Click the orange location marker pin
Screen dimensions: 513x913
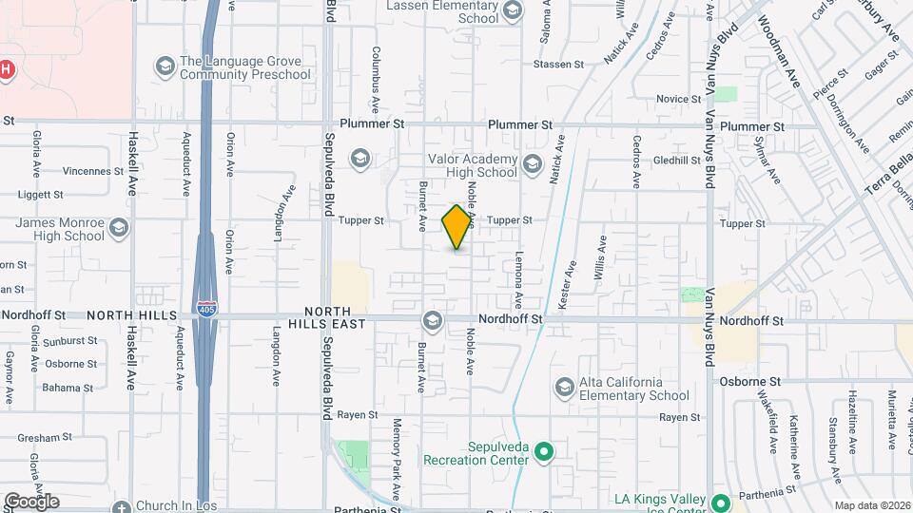[x=457, y=227]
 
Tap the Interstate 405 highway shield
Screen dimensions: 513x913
[x=205, y=309]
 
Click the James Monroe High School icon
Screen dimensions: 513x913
[x=118, y=228]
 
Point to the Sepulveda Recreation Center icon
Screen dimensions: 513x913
[x=544, y=451]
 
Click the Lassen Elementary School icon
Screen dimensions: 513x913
[x=513, y=10]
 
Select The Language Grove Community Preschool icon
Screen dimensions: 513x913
[x=165, y=66]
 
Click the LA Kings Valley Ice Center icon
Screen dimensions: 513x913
[x=721, y=502]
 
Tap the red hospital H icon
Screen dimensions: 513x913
[x=6, y=69]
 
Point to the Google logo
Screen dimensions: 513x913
[x=30, y=501]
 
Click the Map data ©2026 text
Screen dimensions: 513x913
[x=871, y=505]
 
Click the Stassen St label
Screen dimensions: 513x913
[x=558, y=65]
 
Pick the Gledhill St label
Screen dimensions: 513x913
[x=677, y=161]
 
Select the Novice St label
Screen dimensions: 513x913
[x=678, y=100]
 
